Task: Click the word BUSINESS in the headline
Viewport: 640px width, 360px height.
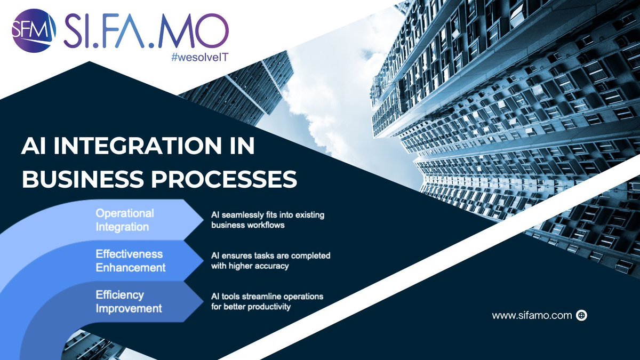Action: (78, 180)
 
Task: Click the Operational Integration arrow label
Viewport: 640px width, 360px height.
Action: (124, 220)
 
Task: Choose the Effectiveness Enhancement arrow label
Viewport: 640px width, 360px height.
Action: (130, 260)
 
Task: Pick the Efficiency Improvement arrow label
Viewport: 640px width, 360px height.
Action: (129, 301)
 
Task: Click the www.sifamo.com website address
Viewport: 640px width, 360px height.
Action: (531, 316)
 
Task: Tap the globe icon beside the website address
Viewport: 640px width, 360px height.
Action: (581, 316)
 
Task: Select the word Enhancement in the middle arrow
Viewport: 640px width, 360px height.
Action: (130, 267)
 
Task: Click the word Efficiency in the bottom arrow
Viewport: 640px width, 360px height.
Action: (119, 294)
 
